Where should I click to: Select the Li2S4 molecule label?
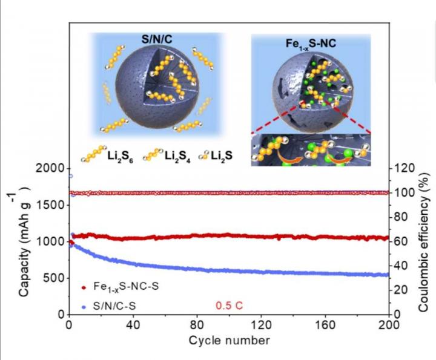(x=180, y=156)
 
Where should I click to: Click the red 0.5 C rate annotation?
(x=230, y=306)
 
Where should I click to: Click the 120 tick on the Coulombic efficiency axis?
(x=405, y=169)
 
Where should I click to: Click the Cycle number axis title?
(x=229, y=340)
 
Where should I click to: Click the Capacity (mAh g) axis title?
(x=25, y=242)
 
